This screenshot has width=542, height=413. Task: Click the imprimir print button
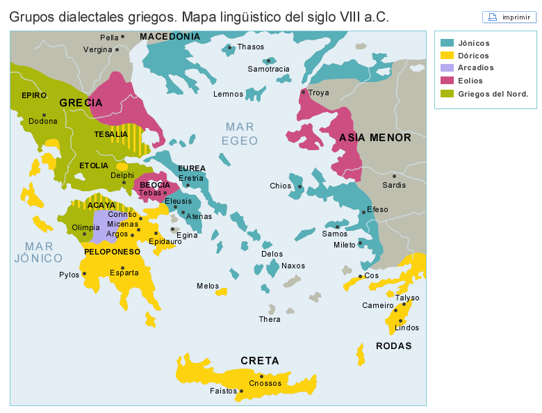click(x=509, y=17)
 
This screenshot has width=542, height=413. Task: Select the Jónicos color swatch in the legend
click(x=447, y=43)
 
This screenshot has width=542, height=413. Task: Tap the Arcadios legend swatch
click(x=447, y=68)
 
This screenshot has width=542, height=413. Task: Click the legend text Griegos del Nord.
click(x=493, y=94)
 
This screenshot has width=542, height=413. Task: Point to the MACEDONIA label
click(x=170, y=36)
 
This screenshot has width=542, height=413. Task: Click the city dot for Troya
click(x=303, y=92)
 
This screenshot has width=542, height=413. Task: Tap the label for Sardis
click(x=394, y=185)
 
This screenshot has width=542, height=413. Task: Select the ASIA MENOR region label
click(x=375, y=138)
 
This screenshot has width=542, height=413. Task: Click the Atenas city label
click(x=199, y=216)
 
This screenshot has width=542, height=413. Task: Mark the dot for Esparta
click(x=122, y=268)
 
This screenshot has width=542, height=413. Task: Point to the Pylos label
click(x=69, y=275)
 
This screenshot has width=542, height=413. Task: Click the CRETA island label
click(x=259, y=360)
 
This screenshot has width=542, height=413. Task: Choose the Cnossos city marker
click(x=262, y=376)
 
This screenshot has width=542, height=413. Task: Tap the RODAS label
click(x=393, y=346)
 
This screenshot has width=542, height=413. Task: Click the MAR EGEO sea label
click(x=240, y=133)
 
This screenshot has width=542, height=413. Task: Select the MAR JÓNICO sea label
click(x=34, y=252)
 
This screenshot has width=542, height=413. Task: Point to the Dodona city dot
click(x=44, y=115)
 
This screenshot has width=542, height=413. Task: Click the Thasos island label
click(x=250, y=47)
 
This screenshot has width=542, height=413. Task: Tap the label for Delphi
click(x=122, y=175)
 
